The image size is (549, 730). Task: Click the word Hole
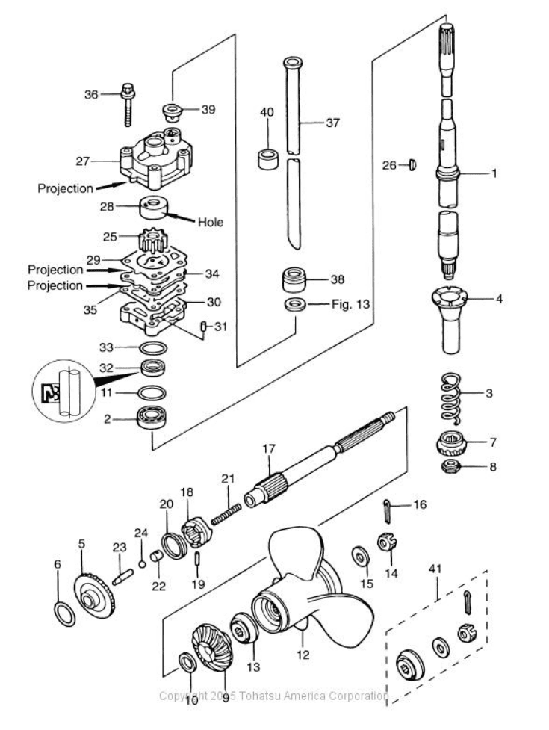click(211, 222)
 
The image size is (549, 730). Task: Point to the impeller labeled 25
click(152, 241)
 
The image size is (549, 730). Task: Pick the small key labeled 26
click(412, 164)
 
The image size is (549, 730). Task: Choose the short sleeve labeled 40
click(268, 159)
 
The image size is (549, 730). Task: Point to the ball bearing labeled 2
click(151, 419)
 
